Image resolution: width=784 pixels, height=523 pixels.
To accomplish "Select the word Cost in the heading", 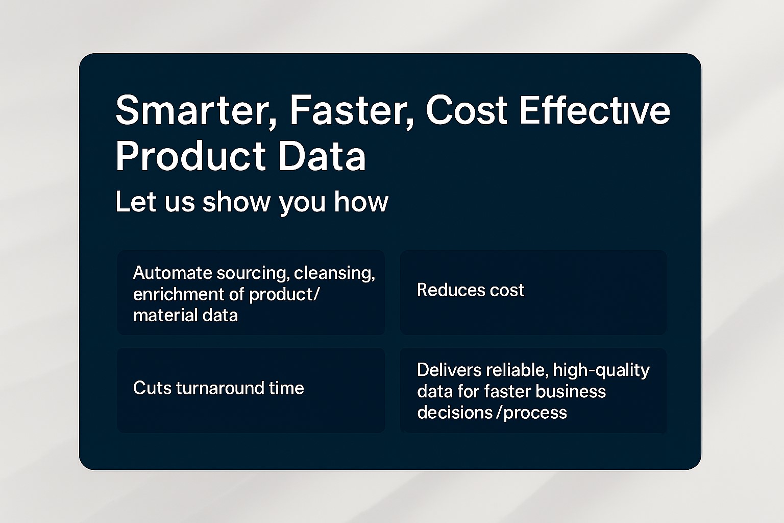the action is (466, 110).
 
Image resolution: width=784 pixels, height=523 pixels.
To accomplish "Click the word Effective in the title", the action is (594, 110).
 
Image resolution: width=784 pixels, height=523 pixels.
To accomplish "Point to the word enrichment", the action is (179, 294).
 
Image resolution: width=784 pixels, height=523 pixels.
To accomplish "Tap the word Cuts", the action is (152, 388).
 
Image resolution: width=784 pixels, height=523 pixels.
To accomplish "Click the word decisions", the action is (455, 412).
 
